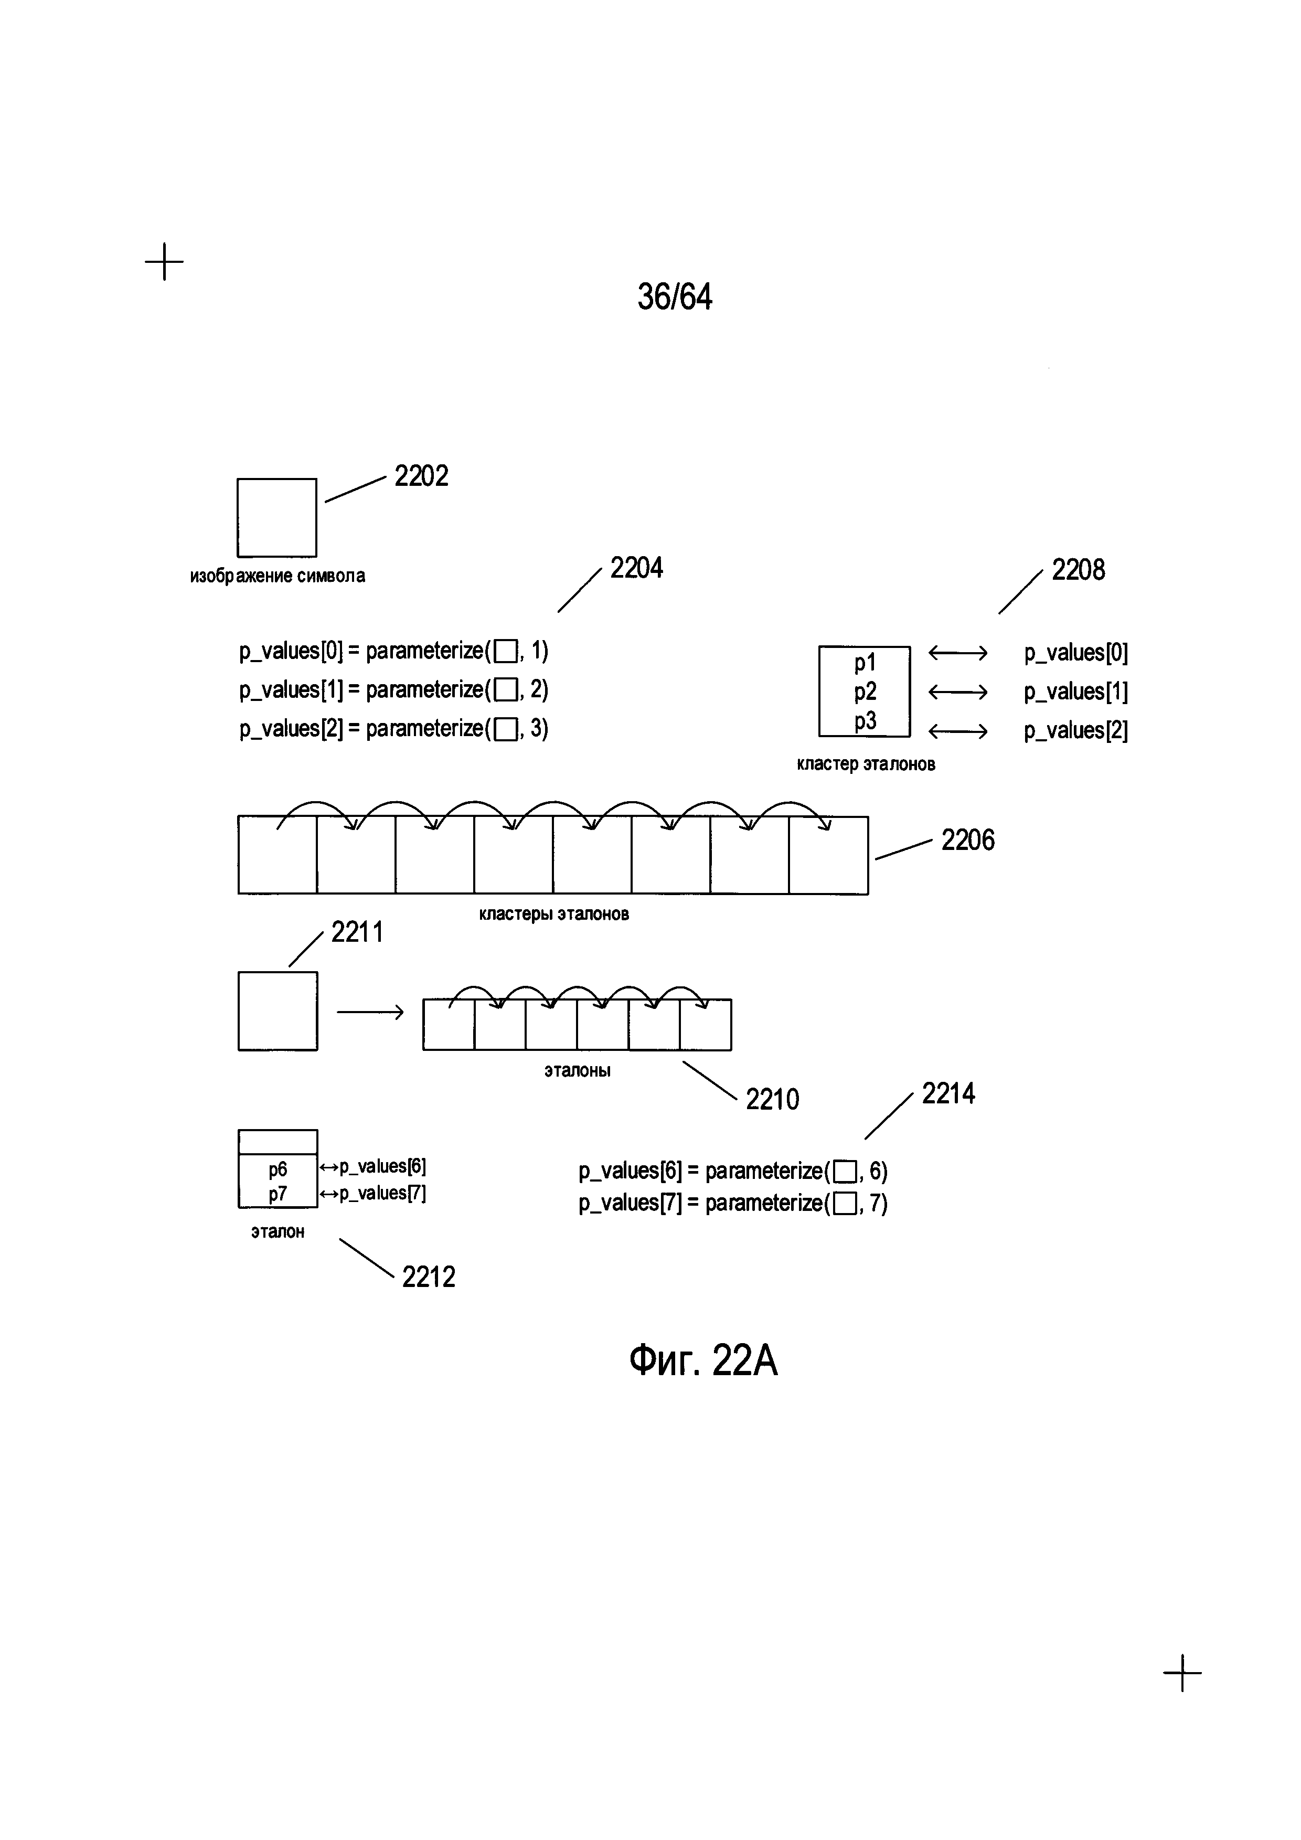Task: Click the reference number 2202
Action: point(421,476)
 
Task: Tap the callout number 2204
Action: point(636,568)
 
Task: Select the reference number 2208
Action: point(1078,571)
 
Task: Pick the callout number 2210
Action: point(772,1100)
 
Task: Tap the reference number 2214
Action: point(948,1094)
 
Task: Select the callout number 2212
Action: point(429,1277)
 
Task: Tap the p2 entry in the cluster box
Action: point(865,692)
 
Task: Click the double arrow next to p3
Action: point(957,731)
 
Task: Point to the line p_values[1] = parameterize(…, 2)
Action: point(393,689)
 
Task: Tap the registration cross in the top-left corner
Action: point(164,261)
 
